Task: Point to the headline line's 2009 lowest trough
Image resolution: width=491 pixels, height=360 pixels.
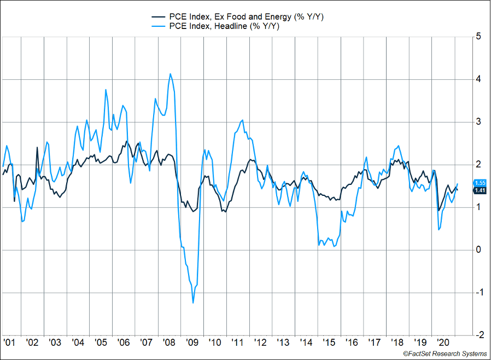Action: [x=193, y=303]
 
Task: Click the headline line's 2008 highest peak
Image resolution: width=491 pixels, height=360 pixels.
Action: [x=171, y=73]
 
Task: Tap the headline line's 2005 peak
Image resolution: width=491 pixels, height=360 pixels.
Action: [x=106, y=89]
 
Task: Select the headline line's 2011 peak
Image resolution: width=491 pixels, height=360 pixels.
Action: [x=242, y=120]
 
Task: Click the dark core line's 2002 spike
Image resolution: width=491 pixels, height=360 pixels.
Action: [x=37, y=147]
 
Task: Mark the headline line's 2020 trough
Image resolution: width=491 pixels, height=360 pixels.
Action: [x=440, y=230]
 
